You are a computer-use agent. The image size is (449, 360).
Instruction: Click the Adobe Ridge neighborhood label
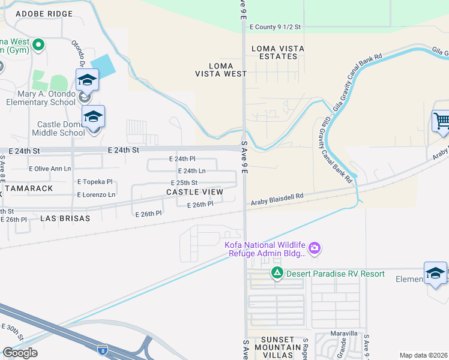[44, 13]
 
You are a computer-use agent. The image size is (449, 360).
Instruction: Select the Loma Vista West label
[220, 70]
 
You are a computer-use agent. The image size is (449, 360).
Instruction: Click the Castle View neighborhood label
[194, 192]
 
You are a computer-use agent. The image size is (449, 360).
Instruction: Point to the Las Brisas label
[65, 218]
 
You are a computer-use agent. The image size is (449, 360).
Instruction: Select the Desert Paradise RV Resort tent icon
[277, 274]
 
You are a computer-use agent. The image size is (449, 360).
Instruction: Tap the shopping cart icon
[441, 121]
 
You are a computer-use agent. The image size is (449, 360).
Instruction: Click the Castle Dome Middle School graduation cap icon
[93, 116]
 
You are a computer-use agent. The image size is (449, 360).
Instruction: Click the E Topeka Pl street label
[95, 182]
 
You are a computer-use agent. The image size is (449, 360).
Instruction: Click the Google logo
[20, 353]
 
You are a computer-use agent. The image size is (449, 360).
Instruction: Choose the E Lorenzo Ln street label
[96, 195]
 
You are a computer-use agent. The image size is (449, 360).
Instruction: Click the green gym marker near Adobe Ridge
[38, 44]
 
